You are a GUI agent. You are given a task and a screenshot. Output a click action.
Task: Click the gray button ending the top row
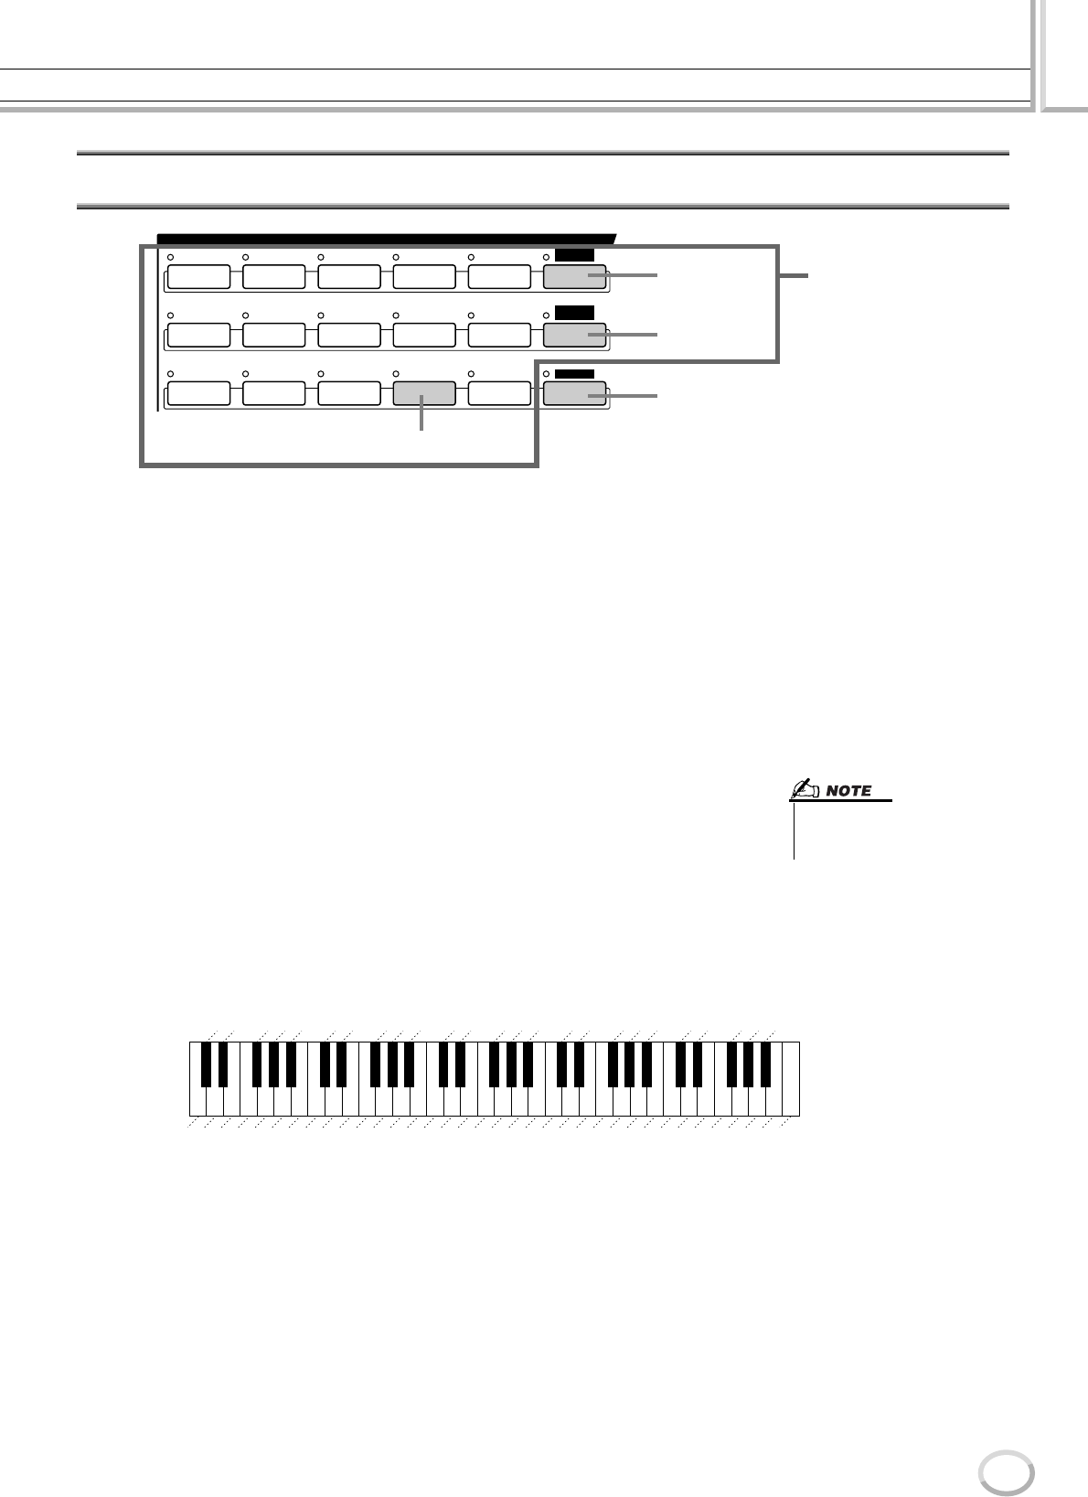[574, 277]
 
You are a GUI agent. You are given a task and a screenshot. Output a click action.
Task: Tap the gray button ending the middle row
[574, 336]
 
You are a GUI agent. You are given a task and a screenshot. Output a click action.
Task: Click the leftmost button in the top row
[198, 277]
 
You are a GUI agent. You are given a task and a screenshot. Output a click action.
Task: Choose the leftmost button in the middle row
[198, 336]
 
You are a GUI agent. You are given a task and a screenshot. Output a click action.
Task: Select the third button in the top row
[348, 277]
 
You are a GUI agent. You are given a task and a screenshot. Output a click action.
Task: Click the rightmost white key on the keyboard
[791, 1079]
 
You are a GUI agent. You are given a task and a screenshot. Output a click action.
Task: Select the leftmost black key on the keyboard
[206, 1063]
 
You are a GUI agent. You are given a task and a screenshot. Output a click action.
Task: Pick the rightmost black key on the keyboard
[766, 1063]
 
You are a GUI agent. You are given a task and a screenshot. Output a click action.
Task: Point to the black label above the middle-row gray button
[574, 314]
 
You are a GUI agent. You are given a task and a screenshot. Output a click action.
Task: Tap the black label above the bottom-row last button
[574, 373]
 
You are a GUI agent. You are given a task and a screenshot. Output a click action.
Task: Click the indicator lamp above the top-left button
[171, 258]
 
